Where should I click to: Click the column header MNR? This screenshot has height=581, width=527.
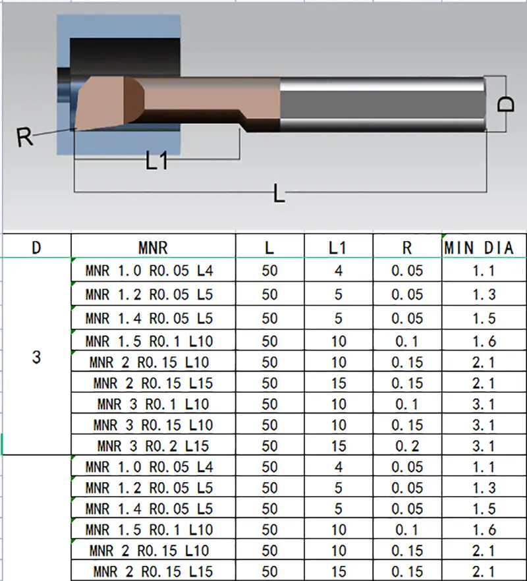pyautogui.click(x=153, y=248)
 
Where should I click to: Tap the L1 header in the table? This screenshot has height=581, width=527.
pyautogui.click(x=338, y=248)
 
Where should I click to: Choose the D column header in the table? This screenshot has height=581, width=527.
pyautogui.click(x=36, y=248)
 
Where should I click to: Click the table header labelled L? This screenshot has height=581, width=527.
pyautogui.click(x=269, y=248)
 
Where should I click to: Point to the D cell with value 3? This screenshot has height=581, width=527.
pyautogui.click(x=36, y=357)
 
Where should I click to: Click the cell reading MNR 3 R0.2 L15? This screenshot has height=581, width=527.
pyautogui.click(x=153, y=446)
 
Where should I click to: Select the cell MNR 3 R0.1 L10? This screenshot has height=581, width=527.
pyautogui.click(x=153, y=404)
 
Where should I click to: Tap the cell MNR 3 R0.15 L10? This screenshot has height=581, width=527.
pyautogui.click(x=153, y=425)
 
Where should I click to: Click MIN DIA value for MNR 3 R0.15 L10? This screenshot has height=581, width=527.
pyautogui.click(x=484, y=425)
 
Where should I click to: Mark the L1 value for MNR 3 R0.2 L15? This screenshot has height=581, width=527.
pyautogui.click(x=338, y=446)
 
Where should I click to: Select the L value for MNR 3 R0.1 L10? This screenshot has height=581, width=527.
pyautogui.click(x=269, y=404)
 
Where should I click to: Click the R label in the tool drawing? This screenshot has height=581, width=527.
pyautogui.click(x=25, y=138)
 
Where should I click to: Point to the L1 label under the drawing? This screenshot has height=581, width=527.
pyautogui.click(x=157, y=161)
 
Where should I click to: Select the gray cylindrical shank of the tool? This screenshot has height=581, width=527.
pyautogui.click(x=382, y=104)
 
